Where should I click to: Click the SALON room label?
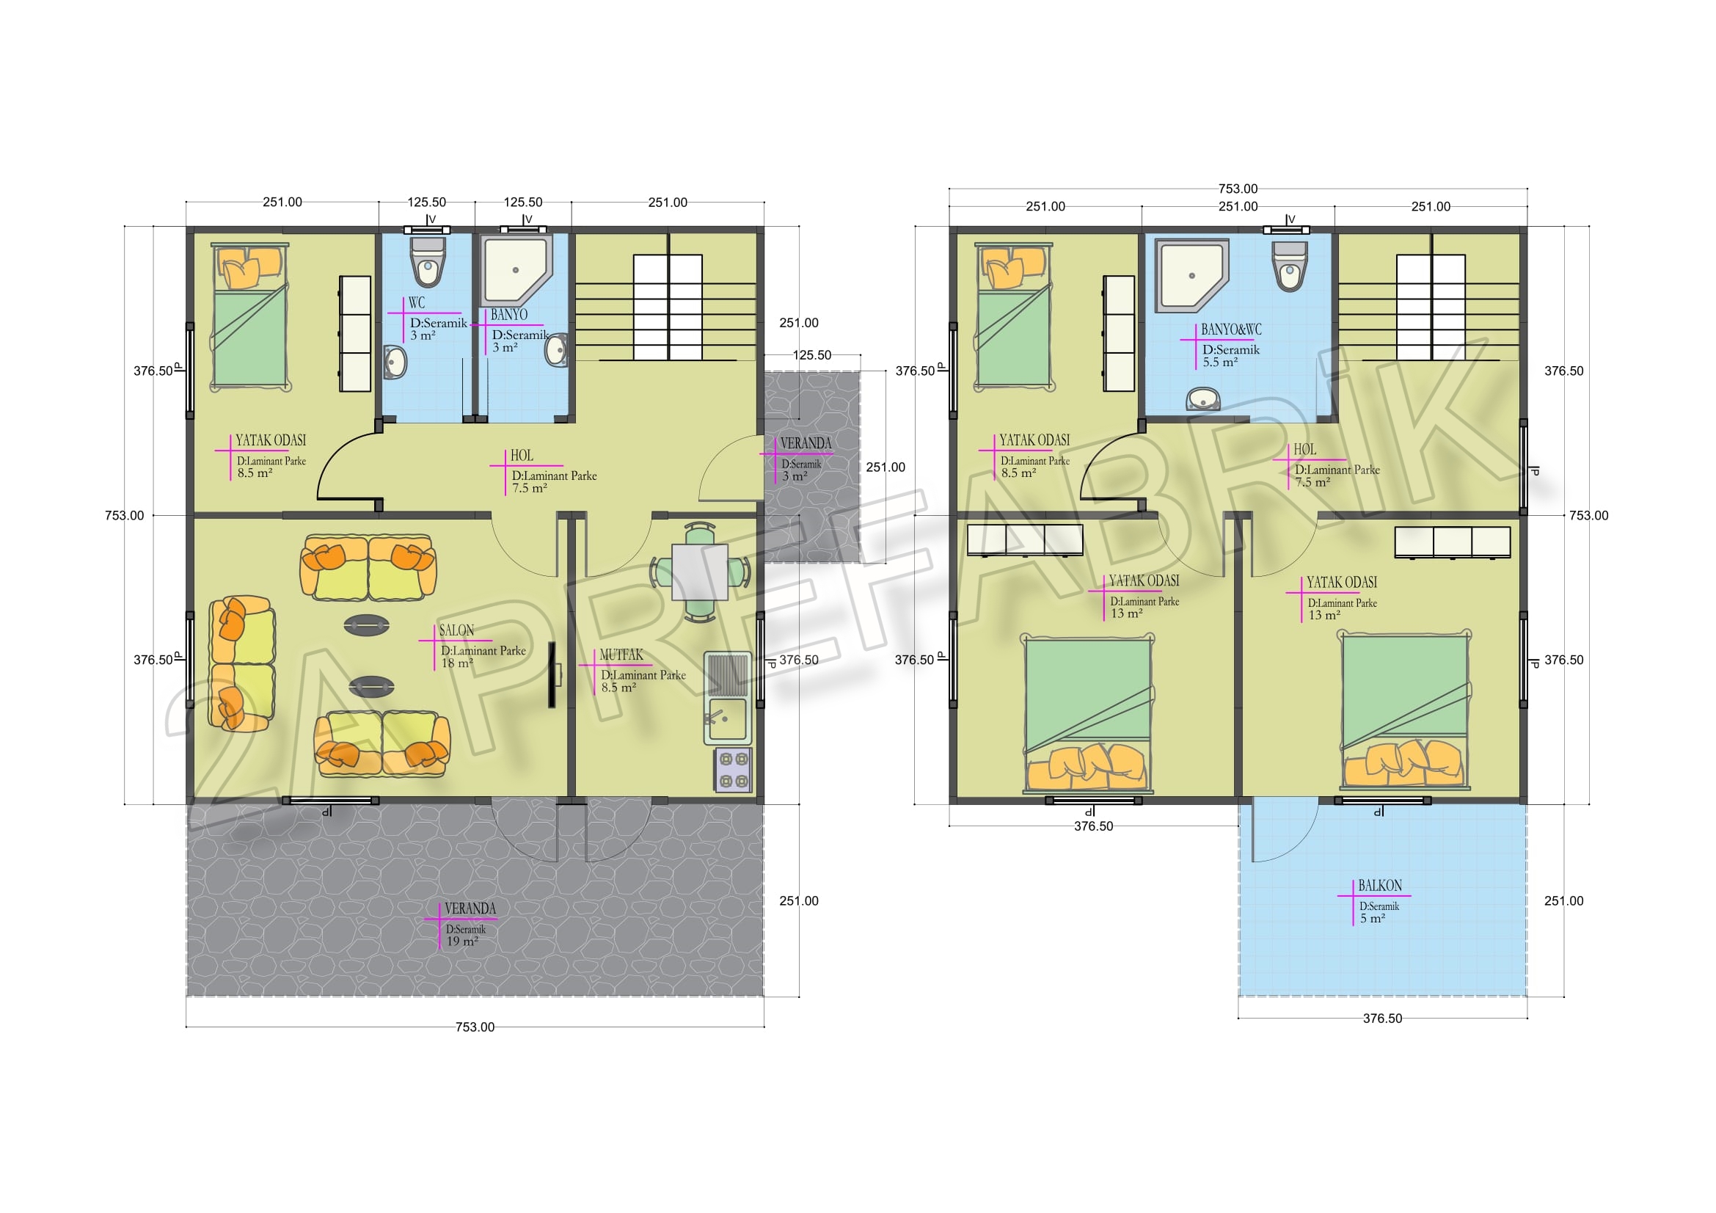(x=456, y=630)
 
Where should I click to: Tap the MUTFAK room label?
(x=621, y=655)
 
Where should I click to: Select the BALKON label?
(x=1380, y=886)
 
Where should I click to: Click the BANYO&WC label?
(x=1231, y=329)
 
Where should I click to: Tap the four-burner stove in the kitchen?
(x=733, y=770)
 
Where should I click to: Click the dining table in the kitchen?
(x=700, y=572)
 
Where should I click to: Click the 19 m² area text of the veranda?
(x=462, y=941)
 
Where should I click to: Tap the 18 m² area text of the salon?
(x=456, y=663)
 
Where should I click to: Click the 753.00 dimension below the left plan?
(x=475, y=1027)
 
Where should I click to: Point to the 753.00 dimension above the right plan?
(x=1238, y=189)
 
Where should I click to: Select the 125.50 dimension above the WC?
(x=427, y=203)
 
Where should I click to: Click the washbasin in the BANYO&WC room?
(x=1202, y=399)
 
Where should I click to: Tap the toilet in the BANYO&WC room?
(x=1290, y=266)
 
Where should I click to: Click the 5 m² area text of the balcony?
(x=1372, y=919)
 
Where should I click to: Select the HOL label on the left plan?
(x=522, y=456)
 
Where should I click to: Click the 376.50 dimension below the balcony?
(x=1382, y=1019)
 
